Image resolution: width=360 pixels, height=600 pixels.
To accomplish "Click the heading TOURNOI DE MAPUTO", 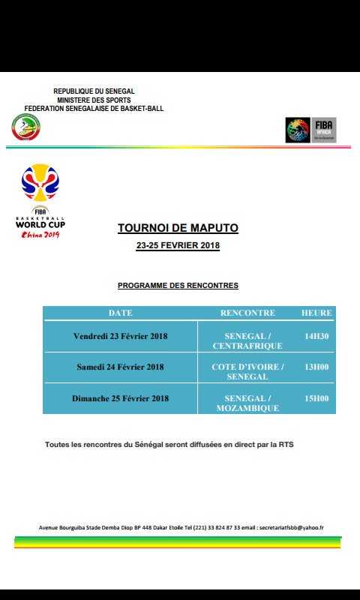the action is pyautogui.click(x=178, y=228).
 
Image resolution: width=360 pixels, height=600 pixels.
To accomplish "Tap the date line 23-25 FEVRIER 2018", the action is pyautogui.click(x=178, y=246).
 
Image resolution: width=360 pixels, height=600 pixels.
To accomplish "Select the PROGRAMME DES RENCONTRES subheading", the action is pyautogui.click(x=178, y=286).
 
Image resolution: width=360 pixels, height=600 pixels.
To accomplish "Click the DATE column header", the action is pyautogui.click(x=120, y=313).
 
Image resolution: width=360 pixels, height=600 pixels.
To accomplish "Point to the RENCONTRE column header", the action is pyautogui.click(x=247, y=313).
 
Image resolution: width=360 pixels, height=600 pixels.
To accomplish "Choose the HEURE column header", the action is pyautogui.click(x=316, y=313).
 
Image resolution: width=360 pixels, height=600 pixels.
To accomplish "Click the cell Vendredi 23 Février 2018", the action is pyautogui.click(x=120, y=336).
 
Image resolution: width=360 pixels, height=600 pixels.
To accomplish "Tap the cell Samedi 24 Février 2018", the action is pyautogui.click(x=120, y=367).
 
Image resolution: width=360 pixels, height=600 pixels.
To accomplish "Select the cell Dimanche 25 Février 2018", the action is pyautogui.click(x=120, y=398).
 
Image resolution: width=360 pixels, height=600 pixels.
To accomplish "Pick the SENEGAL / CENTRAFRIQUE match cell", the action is pyautogui.click(x=247, y=341).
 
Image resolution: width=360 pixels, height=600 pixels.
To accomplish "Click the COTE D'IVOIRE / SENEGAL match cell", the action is pyautogui.click(x=247, y=372).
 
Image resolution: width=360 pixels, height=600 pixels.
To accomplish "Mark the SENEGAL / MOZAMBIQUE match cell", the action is pyautogui.click(x=247, y=403).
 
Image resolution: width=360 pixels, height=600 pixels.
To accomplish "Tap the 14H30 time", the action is pyautogui.click(x=316, y=336).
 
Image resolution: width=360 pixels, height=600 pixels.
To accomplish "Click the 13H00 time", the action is pyautogui.click(x=316, y=367).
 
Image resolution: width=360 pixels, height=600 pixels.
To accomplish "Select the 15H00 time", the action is pyautogui.click(x=316, y=398).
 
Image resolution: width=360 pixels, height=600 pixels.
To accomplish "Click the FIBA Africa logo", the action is pyautogui.click(x=310, y=130).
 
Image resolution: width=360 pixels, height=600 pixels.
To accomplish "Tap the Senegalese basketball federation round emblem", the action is pyautogui.click(x=27, y=127).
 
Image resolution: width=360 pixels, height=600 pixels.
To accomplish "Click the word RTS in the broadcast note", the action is pyautogui.click(x=286, y=445).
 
